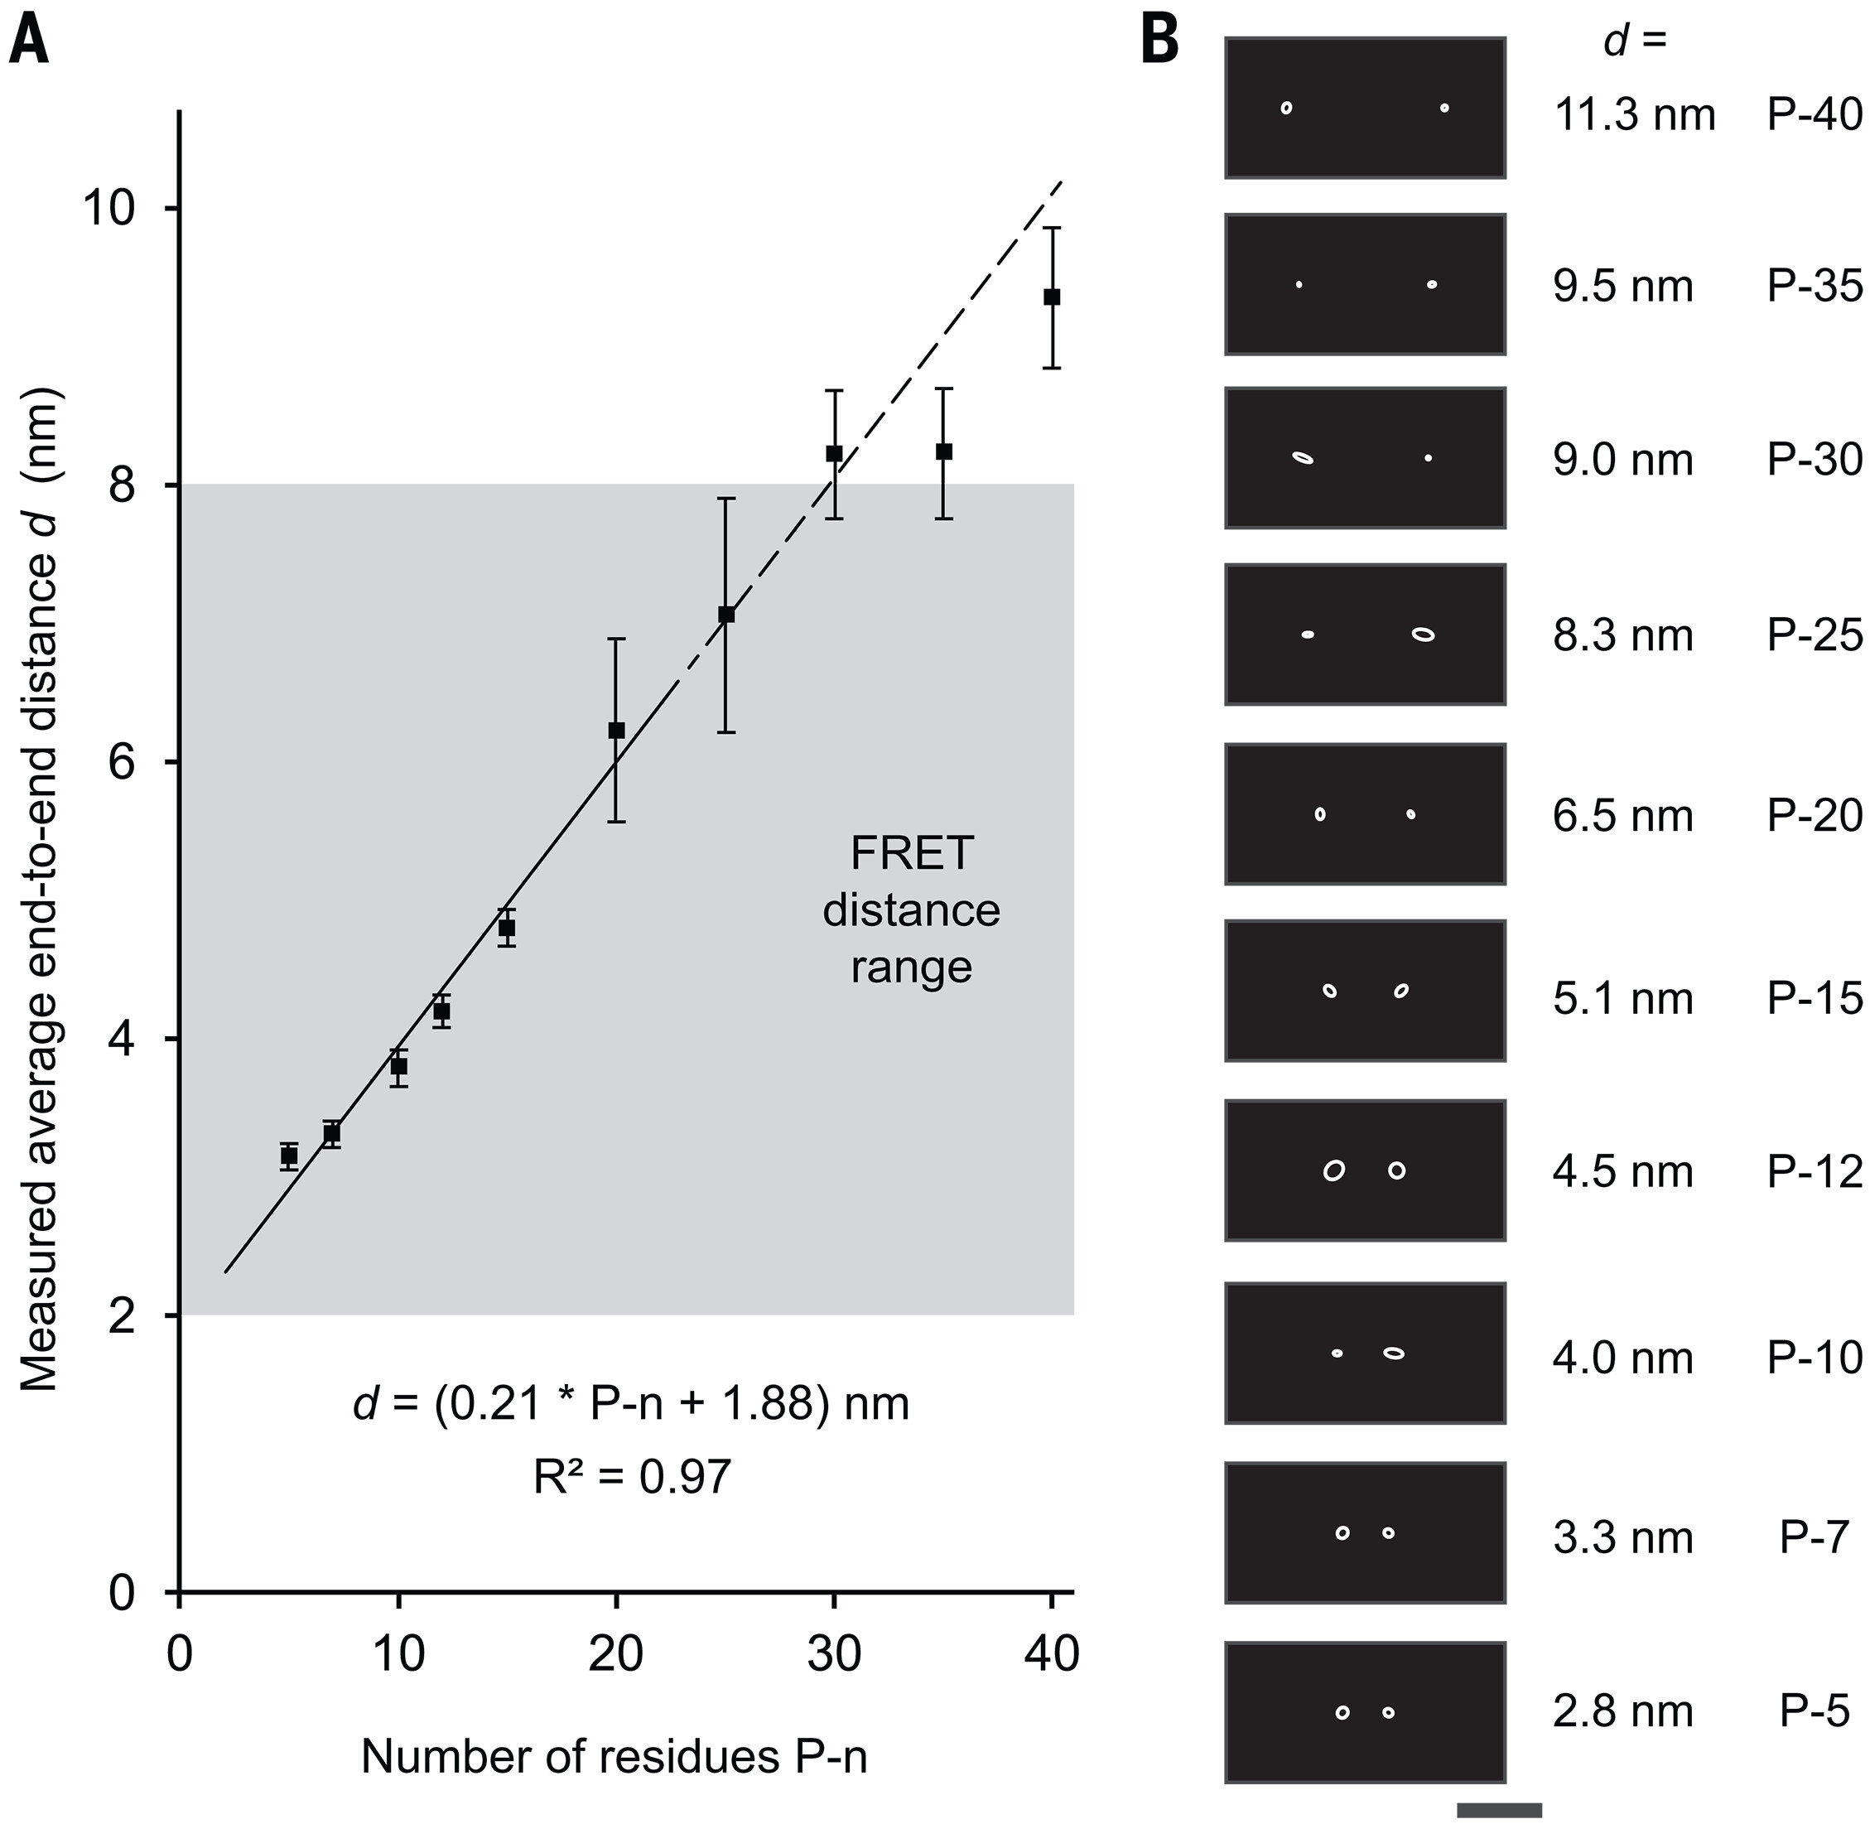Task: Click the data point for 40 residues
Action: pyautogui.click(x=1051, y=297)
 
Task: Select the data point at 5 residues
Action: pyautogui.click(x=288, y=1156)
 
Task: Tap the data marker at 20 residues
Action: pyautogui.click(x=616, y=730)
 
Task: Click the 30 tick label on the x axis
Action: pyautogui.click(x=833, y=1654)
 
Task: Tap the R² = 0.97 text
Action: pyautogui.click(x=632, y=1476)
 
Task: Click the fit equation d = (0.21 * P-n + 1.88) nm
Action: pyautogui.click(x=630, y=1404)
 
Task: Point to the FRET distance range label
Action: pyautogui.click(x=911, y=910)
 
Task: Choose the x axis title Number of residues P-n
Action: pyautogui.click(x=614, y=1756)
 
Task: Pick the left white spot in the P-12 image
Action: pyautogui.click(x=1333, y=1170)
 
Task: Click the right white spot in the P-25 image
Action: pyautogui.click(x=1424, y=635)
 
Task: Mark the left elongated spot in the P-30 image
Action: pyautogui.click(x=1303, y=458)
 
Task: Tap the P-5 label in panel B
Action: pyautogui.click(x=1815, y=1711)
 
